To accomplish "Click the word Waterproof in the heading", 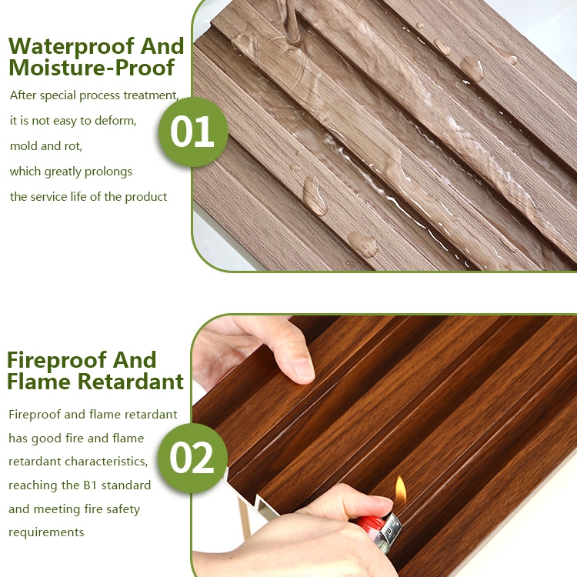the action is [x=71, y=47].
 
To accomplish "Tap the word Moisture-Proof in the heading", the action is [x=92, y=68].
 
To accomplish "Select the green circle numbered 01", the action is [x=193, y=132].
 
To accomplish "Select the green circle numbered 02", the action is [x=192, y=458].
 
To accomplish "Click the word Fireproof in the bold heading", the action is [x=56, y=361].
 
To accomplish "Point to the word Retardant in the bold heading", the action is [x=131, y=382].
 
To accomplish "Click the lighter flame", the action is [x=400, y=491].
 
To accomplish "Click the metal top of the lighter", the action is [x=391, y=531].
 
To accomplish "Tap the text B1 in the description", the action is [x=90, y=485].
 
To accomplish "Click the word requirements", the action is [x=46, y=532].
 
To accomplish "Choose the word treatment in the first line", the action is [x=152, y=95].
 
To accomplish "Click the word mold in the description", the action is [x=23, y=146].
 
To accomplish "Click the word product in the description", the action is [x=146, y=197].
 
